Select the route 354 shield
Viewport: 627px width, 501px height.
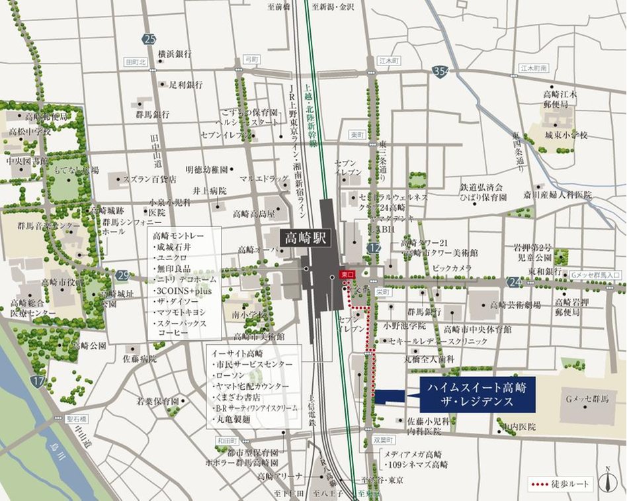pos(440,71)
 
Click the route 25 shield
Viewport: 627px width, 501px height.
pos(149,38)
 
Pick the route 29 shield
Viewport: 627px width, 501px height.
pos(122,275)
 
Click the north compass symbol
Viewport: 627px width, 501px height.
pos(606,481)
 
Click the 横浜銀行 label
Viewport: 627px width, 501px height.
pos(175,54)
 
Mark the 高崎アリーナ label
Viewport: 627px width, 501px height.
pos(280,477)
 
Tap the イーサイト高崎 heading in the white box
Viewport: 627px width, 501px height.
pos(234,353)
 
